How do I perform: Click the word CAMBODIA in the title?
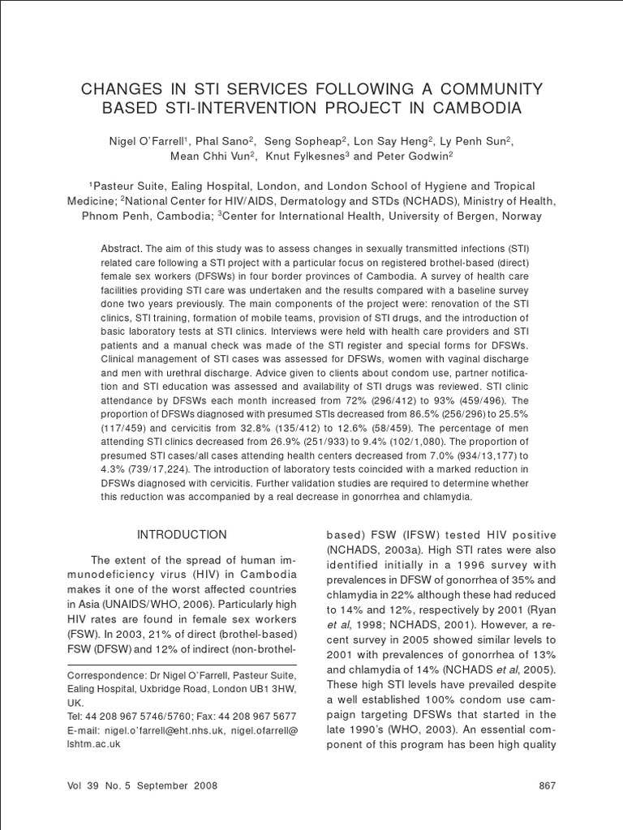pos(475,108)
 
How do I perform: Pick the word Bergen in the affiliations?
pos(477,216)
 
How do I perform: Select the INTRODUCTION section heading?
pos(182,535)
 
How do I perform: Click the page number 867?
pos(546,786)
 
